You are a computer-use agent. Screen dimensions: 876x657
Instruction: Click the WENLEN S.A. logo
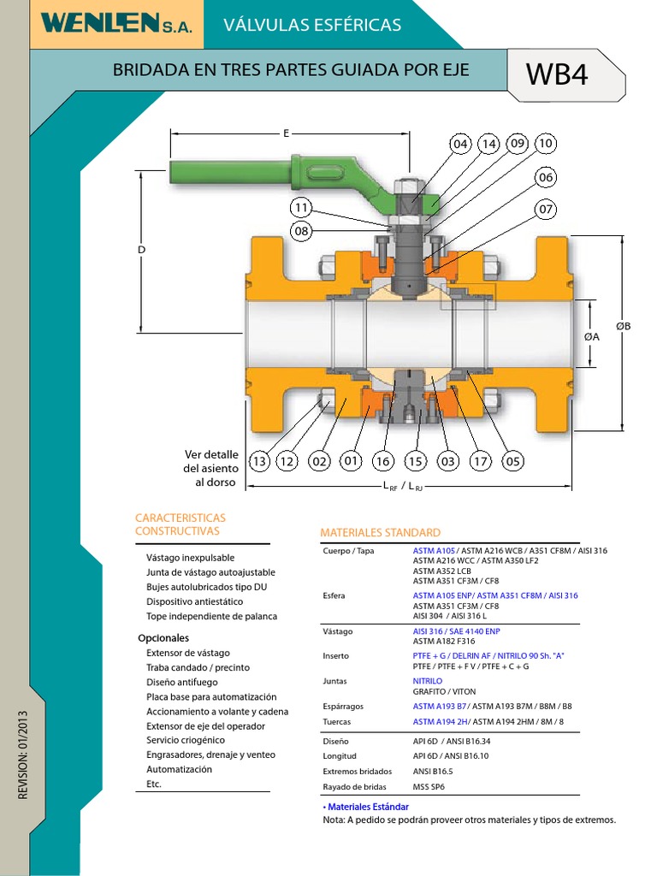[121, 25]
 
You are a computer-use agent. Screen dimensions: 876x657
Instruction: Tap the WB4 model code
[557, 75]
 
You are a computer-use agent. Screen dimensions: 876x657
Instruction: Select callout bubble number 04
[461, 144]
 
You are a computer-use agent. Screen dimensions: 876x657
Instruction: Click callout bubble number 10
[545, 144]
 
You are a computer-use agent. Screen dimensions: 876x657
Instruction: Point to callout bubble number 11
[300, 208]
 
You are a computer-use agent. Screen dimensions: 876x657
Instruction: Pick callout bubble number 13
[258, 462]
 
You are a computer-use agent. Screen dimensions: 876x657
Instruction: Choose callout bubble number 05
[512, 462]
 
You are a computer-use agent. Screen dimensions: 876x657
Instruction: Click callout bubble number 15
[415, 462]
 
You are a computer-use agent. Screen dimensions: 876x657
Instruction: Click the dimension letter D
[142, 249]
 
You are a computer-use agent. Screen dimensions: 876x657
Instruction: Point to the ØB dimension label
[623, 326]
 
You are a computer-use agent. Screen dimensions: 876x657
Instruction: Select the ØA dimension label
[592, 337]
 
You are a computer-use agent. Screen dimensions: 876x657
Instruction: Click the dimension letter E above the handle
[287, 133]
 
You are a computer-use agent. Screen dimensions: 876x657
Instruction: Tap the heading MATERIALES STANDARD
[380, 532]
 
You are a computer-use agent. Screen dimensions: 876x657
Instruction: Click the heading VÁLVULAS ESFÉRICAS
[312, 25]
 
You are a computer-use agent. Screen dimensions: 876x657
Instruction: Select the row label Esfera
[335, 595]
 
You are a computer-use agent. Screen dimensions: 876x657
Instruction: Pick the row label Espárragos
[343, 707]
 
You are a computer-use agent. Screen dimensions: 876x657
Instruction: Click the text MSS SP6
[429, 786]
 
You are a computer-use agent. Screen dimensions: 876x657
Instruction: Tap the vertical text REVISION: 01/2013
[23, 755]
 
